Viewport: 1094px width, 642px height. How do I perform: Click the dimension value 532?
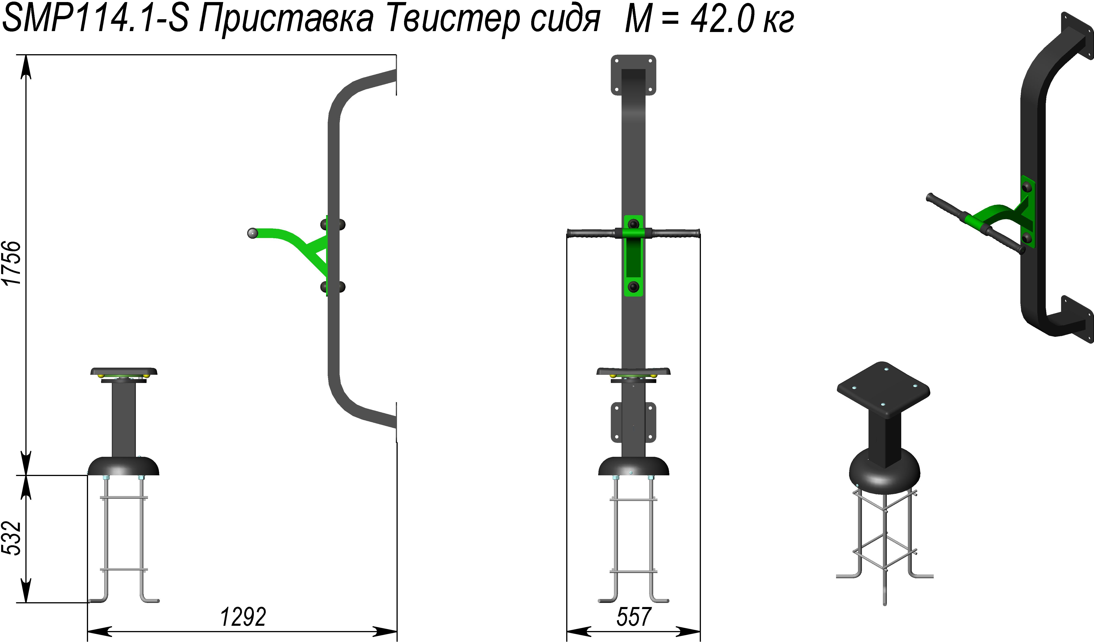pos(12,538)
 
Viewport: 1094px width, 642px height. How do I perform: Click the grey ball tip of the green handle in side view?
pos(252,233)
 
